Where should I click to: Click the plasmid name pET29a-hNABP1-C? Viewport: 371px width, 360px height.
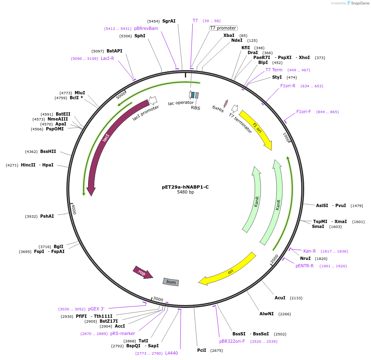click(185, 187)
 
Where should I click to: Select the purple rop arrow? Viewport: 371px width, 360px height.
click(142, 272)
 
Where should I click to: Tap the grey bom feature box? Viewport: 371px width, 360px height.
click(171, 282)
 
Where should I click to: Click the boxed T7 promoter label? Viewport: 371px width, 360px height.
click(223, 28)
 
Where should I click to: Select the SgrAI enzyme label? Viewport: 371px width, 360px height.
click(168, 21)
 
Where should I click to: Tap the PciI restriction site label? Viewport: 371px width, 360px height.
click(202, 351)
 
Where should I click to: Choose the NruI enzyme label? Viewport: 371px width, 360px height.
click(305, 258)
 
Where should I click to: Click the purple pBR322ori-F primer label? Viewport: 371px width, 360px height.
click(232, 341)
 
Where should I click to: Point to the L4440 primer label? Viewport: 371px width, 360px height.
click(171, 353)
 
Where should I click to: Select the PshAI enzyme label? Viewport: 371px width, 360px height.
click(47, 216)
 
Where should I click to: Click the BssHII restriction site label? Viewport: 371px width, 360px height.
click(48, 151)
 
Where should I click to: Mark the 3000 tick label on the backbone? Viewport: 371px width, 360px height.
click(158, 299)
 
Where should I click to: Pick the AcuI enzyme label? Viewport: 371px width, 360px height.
click(280, 298)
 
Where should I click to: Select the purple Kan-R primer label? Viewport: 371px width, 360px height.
click(310, 251)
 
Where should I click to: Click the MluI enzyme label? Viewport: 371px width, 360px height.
click(80, 93)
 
